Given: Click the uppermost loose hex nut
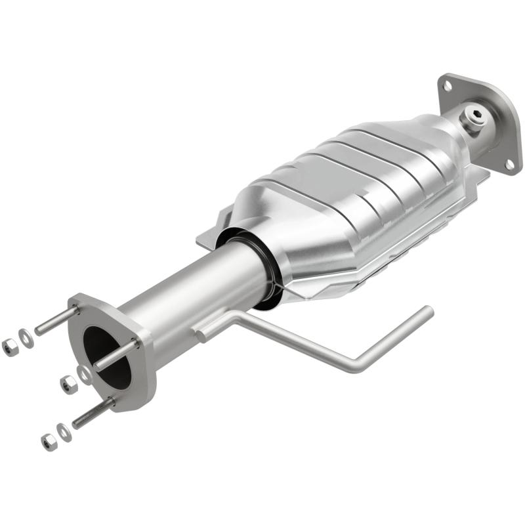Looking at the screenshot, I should (9, 347).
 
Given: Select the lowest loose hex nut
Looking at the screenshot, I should (48, 442).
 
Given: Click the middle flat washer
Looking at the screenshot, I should (83, 373).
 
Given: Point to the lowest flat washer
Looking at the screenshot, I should (64, 431).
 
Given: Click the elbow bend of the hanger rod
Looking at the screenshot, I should (358, 365).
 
